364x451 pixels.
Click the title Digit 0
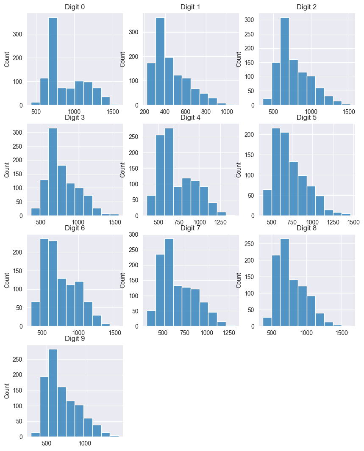(75, 7)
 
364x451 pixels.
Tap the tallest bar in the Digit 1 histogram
(160, 61)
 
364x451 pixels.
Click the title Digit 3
(75, 118)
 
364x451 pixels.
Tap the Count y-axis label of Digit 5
(239, 169)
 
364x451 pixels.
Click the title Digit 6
(75, 228)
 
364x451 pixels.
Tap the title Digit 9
(75, 339)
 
